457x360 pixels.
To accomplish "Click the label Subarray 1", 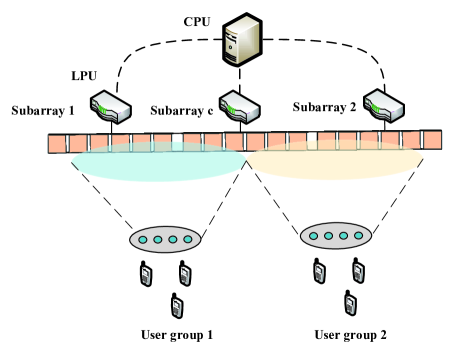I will [x=41, y=109].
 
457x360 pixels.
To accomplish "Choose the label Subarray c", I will [x=181, y=109].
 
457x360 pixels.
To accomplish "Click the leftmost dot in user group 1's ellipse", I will [x=144, y=239].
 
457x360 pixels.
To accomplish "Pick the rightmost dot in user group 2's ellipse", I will [x=358, y=235].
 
